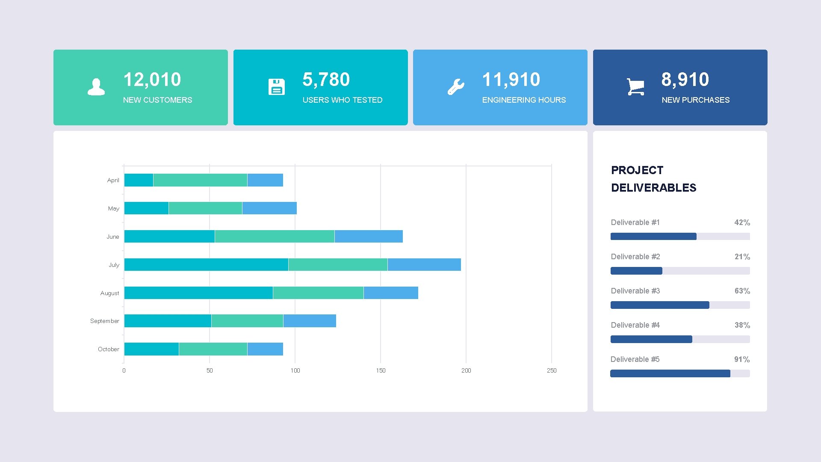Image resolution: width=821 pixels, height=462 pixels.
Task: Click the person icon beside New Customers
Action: point(96,87)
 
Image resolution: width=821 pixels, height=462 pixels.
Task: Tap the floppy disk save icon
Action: point(276,87)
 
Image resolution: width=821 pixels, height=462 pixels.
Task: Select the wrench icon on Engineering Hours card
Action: point(456,87)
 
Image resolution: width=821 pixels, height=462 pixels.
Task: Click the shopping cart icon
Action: point(635,87)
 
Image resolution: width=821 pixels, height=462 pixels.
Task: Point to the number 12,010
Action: point(152,80)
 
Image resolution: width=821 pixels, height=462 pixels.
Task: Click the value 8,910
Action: point(685,80)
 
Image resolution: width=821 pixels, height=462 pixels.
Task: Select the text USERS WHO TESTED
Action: point(342,100)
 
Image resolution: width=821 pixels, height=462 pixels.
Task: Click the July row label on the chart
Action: point(114,265)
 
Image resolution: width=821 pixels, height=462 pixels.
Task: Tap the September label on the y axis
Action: point(104,321)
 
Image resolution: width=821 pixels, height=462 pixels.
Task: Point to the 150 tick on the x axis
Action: point(381,370)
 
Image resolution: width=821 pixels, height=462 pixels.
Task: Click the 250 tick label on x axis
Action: point(552,370)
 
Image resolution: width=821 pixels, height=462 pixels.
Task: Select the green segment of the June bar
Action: point(275,236)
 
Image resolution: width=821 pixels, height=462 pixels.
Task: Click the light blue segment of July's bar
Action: point(424,264)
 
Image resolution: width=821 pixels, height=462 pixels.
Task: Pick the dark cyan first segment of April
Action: point(139,180)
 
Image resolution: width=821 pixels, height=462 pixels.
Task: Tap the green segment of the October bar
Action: point(213,349)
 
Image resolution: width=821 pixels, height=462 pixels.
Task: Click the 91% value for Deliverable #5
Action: point(742,359)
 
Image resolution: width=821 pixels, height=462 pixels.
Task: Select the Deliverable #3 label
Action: point(635,291)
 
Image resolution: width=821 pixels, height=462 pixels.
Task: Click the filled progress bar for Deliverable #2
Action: point(636,271)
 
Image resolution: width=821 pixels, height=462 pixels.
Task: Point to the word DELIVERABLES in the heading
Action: point(653,188)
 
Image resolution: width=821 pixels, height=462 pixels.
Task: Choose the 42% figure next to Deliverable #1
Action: point(742,222)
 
